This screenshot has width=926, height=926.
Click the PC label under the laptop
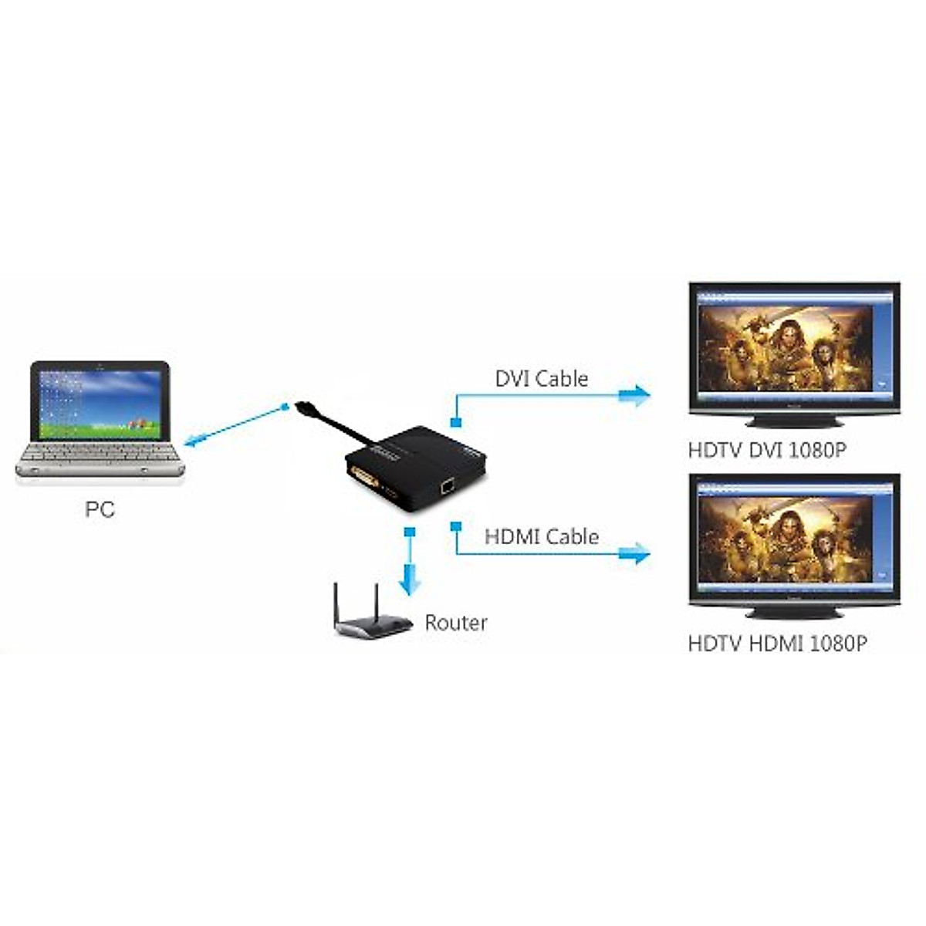(100, 509)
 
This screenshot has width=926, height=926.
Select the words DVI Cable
(541, 379)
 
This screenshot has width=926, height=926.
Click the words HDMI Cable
(541, 536)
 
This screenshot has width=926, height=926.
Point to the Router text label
(456, 623)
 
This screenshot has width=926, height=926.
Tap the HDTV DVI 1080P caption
(766, 450)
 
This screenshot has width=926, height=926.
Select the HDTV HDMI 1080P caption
(777, 643)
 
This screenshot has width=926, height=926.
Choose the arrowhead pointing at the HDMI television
(637, 553)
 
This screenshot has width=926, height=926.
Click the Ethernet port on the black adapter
(446, 487)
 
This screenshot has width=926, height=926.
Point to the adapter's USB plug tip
(301, 406)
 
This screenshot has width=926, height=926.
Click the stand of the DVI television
(793, 421)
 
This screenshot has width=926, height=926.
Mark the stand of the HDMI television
(793, 613)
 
